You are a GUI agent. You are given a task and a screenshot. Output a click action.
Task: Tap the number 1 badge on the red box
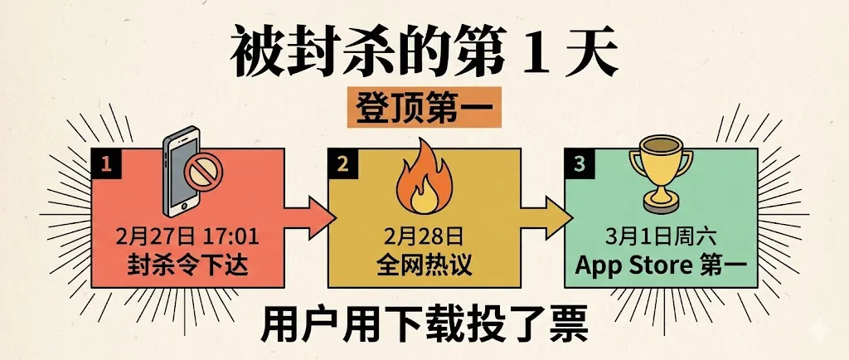pos(106,165)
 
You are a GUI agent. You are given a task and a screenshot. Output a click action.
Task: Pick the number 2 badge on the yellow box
pos(342,165)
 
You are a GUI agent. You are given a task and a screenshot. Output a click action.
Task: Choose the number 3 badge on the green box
pos(578,165)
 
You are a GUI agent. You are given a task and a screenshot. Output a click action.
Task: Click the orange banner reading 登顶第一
pos(424,109)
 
